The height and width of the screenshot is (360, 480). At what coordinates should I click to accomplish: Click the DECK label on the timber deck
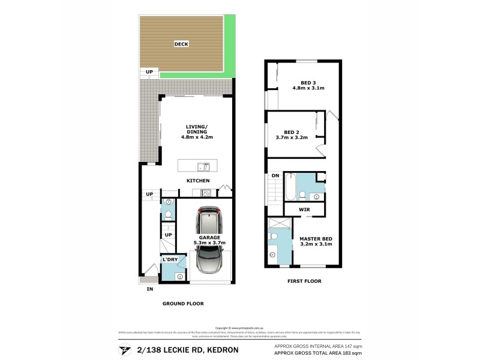coord(181,44)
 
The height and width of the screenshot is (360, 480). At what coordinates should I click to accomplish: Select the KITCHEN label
coord(197,181)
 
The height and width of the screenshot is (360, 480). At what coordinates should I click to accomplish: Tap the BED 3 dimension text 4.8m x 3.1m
coord(308,88)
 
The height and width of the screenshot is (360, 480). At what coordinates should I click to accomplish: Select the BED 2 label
coord(292,132)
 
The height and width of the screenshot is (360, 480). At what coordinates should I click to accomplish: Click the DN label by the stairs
coord(275,175)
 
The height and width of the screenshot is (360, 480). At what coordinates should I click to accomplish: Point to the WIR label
coord(304,209)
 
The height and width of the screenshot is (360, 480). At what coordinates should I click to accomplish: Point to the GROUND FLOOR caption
coord(183,304)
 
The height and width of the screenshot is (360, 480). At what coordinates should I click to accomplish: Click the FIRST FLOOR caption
coord(304,281)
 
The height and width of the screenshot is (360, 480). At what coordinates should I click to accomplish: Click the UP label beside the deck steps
coord(149,72)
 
